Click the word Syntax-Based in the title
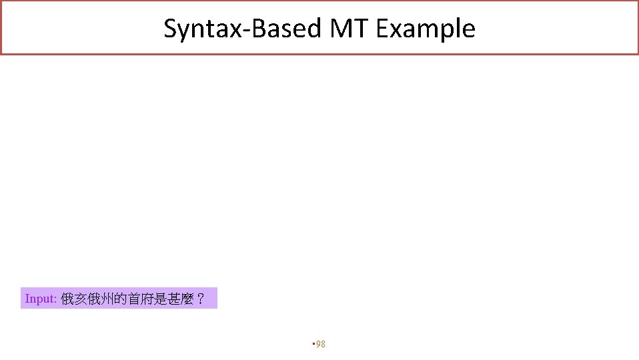pos(243,29)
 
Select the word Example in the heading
pos(426,29)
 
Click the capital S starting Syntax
pos(171,29)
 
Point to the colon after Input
pos(56,299)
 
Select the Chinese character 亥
pos(80,299)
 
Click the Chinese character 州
pos(105,299)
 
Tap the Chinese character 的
pos(118,299)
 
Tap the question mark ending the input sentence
pos(197,299)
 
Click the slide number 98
pos(321,344)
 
